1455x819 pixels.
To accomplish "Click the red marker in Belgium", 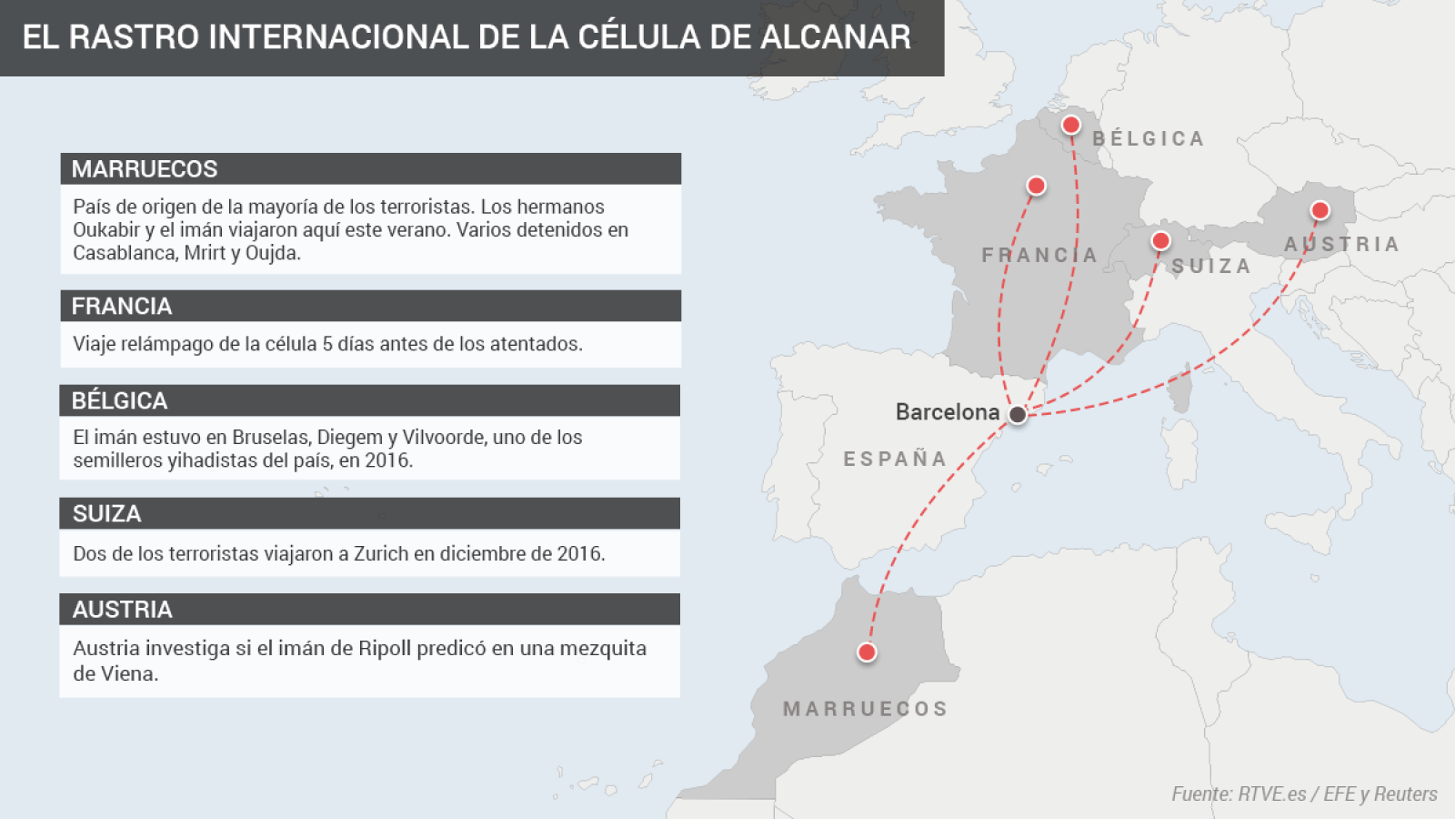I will tap(1071, 125).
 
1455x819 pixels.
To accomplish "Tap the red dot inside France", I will tap(1036, 186).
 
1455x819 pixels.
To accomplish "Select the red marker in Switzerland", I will tap(1160, 241).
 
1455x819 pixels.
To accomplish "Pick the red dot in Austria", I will tap(1320, 211).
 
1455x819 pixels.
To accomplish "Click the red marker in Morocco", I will tap(867, 652).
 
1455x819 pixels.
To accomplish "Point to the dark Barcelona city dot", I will tap(1018, 414).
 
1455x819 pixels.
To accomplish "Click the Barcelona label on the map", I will tap(947, 412).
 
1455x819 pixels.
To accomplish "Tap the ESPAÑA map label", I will tap(895, 459).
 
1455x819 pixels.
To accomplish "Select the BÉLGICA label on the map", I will tap(1148, 138).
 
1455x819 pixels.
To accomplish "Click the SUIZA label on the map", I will tap(1210, 266).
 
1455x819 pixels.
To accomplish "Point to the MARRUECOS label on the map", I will tap(865, 709).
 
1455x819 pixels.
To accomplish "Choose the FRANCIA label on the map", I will tap(1039, 255).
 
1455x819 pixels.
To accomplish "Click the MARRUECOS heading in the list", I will tap(145, 169).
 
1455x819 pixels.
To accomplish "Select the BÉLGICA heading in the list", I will tap(119, 400).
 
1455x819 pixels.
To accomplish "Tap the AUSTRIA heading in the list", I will tap(122, 610).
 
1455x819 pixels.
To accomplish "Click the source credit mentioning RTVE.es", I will tap(1304, 794).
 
